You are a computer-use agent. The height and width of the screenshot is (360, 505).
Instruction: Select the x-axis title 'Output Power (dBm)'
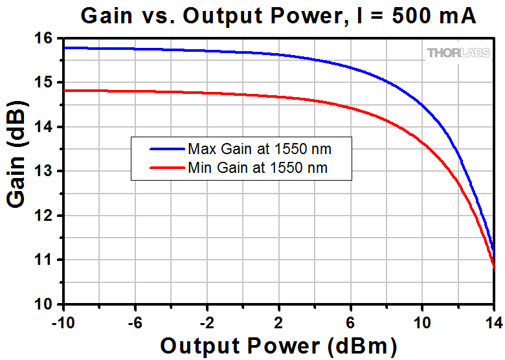pyautogui.click(x=278, y=345)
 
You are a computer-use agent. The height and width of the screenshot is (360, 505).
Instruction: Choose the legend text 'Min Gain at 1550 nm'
pyautogui.click(x=258, y=168)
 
